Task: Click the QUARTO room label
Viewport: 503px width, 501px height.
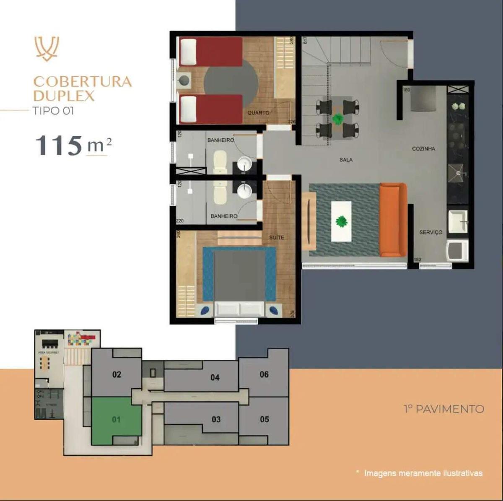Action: [x=258, y=113]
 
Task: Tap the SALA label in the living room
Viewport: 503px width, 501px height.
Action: [x=346, y=160]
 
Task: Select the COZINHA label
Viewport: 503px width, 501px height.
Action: [x=423, y=149]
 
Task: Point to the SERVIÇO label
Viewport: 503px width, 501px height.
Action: [x=431, y=232]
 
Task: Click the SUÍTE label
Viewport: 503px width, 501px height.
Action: [x=277, y=237]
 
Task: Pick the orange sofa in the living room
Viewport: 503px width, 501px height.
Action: [x=393, y=220]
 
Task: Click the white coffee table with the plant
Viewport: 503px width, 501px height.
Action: [x=341, y=221]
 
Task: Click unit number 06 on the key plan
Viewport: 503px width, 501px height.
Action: [x=264, y=374]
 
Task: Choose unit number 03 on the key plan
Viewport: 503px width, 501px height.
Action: [x=216, y=419]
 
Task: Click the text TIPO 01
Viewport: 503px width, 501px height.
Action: [x=53, y=112]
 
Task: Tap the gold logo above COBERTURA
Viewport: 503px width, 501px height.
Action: [x=46, y=48]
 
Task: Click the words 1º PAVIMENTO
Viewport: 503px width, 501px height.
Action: [x=443, y=409]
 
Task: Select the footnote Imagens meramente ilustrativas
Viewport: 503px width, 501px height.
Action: [x=423, y=473]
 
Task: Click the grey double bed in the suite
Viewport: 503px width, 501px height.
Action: [x=239, y=275]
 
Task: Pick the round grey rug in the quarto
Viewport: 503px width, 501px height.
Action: [x=231, y=82]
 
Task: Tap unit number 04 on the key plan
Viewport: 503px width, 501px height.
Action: [x=215, y=377]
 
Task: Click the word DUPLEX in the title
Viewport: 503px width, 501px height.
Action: [x=64, y=96]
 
